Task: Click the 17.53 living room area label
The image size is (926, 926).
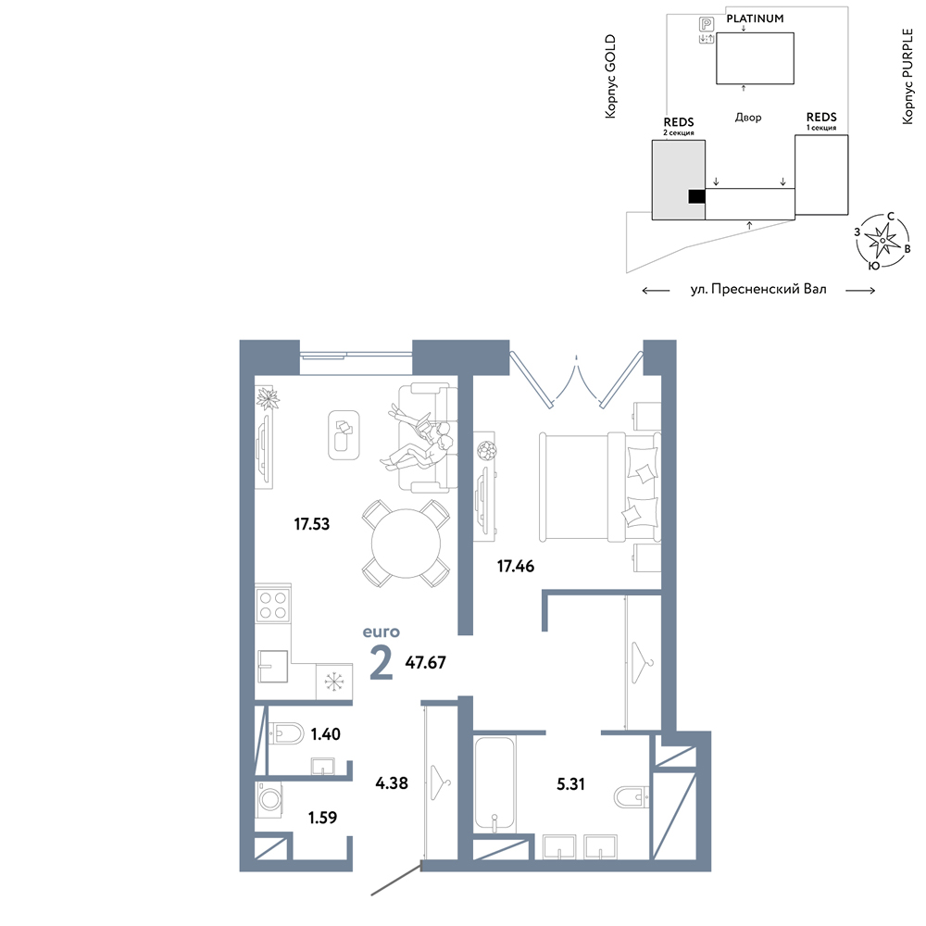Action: point(312,524)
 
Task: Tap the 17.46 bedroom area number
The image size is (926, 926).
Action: point(516,567)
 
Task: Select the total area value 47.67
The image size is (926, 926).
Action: point(425,663)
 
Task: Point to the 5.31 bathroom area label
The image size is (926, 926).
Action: point(570,783)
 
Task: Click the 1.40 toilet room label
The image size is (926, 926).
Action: point(325,734)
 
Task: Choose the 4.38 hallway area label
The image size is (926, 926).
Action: point(392,783)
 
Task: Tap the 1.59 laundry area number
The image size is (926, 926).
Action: point(322,818)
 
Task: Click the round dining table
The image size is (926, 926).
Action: point(407,544)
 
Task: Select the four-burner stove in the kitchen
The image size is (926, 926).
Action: point(273,604)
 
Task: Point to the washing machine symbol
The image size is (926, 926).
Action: point(269,800)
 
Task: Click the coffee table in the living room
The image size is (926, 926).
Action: point(344,434)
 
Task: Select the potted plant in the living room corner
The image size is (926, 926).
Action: point(268,398)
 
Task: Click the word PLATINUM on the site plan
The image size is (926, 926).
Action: point(755,19)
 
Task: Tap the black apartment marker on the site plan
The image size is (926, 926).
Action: point(697,196)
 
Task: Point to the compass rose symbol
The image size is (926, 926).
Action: point(882,241)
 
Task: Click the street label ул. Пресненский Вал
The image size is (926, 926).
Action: point(758,289)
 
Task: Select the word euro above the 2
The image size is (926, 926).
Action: point(381,632)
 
